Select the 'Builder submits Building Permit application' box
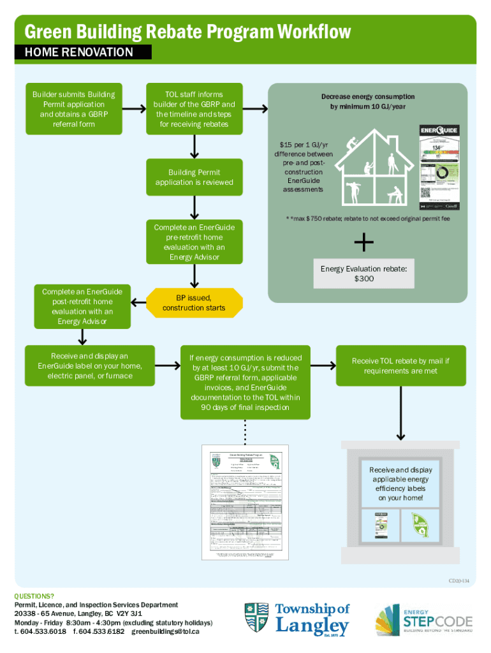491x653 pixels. (x=73, y=109)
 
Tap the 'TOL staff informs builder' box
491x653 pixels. (x=194, y=109)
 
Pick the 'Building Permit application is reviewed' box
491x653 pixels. (x=194, y=177)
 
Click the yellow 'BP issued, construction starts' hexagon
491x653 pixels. (x=193, y=303)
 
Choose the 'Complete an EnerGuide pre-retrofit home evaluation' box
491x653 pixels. (x=194, y=242)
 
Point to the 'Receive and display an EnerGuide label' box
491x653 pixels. (x=89, y=366)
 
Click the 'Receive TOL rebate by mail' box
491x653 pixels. (x=400, y=366)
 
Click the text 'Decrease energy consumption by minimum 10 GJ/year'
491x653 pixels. (x=367, y=102)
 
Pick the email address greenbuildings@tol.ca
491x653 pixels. (x=166, y=632)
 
